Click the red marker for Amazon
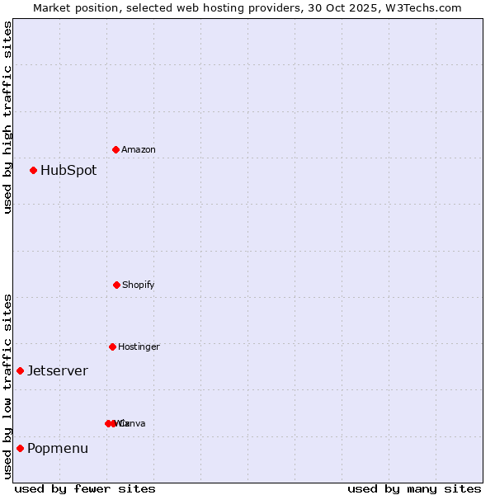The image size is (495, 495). [116, 149]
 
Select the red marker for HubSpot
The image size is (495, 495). [34, 170]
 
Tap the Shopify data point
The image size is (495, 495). [116, 285]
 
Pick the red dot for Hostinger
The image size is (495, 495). [112, 346]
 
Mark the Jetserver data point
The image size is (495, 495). [20, 370]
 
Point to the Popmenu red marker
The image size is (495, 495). [20, 448]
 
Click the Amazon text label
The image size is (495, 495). [139, 150]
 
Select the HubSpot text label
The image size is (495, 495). [68, 171]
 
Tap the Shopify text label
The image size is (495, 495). [139, 285]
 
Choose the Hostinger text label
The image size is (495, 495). [139, 347]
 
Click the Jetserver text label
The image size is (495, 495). [58, 371]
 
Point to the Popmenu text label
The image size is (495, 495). [58, 449]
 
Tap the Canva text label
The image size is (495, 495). [133, 424]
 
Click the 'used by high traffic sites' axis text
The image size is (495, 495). [7, 117]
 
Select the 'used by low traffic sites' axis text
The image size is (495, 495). [7, 385]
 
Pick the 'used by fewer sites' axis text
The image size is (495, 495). [84, 488]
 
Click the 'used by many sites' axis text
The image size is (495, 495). [414, 488]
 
